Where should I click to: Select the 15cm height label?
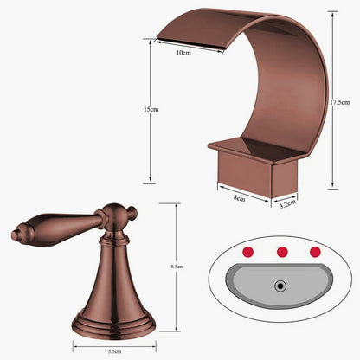pos(151,110)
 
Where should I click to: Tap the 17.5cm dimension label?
pos(340,102)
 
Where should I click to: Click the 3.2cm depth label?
pos(288,204)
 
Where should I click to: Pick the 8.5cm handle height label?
pos(177,267)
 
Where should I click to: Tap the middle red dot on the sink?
pos(280,252)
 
